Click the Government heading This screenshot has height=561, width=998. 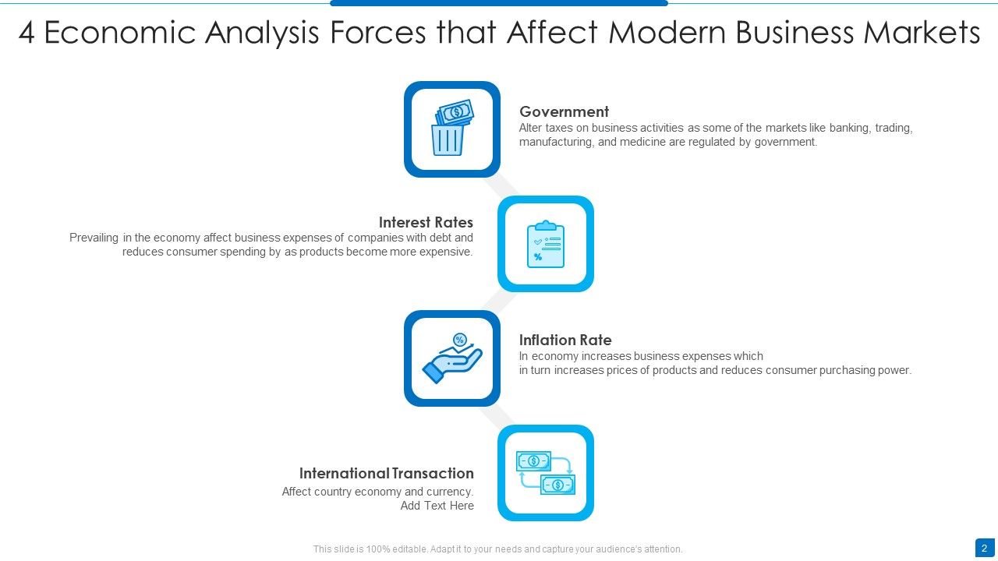tap(564, 111)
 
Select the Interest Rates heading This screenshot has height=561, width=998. tap(426, 222)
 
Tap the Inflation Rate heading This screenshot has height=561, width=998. tap(565, 340)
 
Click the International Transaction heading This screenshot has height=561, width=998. tap(386, 473)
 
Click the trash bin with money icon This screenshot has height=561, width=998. tap(451, 129)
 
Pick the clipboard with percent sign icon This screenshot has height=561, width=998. tap(545, 244)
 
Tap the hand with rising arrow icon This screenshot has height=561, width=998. tap(452, 358)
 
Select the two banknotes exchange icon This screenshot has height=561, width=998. tap(545, 473)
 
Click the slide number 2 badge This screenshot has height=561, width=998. tap(984, 549)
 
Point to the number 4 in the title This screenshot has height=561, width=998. tap(27, 34)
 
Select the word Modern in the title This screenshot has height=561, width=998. tap(667, 34)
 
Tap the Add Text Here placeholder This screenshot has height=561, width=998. tap(437, 506)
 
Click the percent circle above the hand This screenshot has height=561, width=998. tap(459, 339)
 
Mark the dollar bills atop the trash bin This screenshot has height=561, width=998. tap(455, 112)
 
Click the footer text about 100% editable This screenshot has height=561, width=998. tap(497, 549)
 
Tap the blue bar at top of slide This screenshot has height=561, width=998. tap(499, 3)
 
